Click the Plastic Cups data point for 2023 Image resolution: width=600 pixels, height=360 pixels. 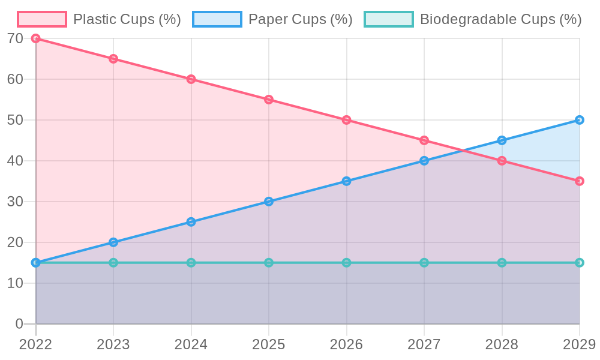[113, 59]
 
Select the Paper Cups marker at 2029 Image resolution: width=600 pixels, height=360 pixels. [580, 120]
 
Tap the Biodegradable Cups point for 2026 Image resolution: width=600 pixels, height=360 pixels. [346, 263]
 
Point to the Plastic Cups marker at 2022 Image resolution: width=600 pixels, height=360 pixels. [36, 38]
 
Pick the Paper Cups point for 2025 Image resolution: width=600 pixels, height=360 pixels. [269, 202]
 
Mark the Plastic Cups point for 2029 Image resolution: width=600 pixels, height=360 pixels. [580, 181]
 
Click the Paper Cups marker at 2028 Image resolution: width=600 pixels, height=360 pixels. [502, 140]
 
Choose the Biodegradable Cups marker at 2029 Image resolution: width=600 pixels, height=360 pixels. [580, 263]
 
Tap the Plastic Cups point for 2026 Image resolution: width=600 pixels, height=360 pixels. [346, 120]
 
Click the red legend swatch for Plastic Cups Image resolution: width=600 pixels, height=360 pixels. [41, 19]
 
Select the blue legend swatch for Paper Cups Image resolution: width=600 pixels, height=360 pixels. [217, 19]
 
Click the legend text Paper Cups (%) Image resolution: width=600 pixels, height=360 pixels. [300, 19]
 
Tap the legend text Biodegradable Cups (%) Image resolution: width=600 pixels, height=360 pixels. [500, 19]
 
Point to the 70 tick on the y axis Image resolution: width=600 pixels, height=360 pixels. [16, 38]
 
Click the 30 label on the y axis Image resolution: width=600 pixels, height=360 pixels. [16, 202]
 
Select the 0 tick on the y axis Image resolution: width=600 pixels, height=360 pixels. [19, 324]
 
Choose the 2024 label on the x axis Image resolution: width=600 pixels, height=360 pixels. [191, 344]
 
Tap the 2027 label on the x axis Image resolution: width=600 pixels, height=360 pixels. [424, 344]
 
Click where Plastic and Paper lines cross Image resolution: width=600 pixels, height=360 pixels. [463, 151]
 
